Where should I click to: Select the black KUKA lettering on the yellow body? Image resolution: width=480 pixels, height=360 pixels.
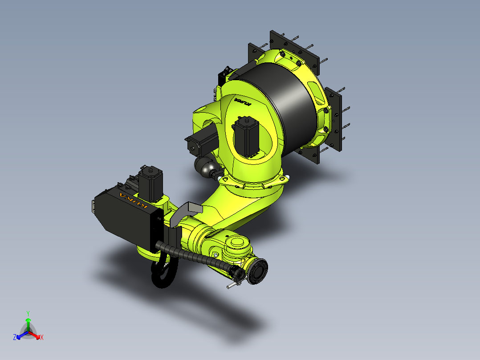pyautogui.click(x=243, y=103)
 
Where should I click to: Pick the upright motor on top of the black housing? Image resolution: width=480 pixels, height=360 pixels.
pyautogui.click(x=150, y=184)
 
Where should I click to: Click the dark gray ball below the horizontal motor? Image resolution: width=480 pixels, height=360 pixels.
pyautogui.click(x=206, y=167)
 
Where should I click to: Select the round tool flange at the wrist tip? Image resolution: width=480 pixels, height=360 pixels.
pyautogui.click(x=258, y=272)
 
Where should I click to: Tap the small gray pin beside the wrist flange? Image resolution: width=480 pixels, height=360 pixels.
pyautogui.click(x=232, y=286)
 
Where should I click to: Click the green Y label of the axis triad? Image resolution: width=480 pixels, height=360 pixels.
pyautogui.click(x=28, y=313)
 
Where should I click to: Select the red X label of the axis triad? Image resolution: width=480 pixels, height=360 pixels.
pyautogui.click(x=42, y=338)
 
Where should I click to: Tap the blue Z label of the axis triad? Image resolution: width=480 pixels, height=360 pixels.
pyautogui.click(x=15, y=338)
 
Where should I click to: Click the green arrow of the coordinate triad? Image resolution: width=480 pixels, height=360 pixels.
pyautogui.click(x=28, y=323)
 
